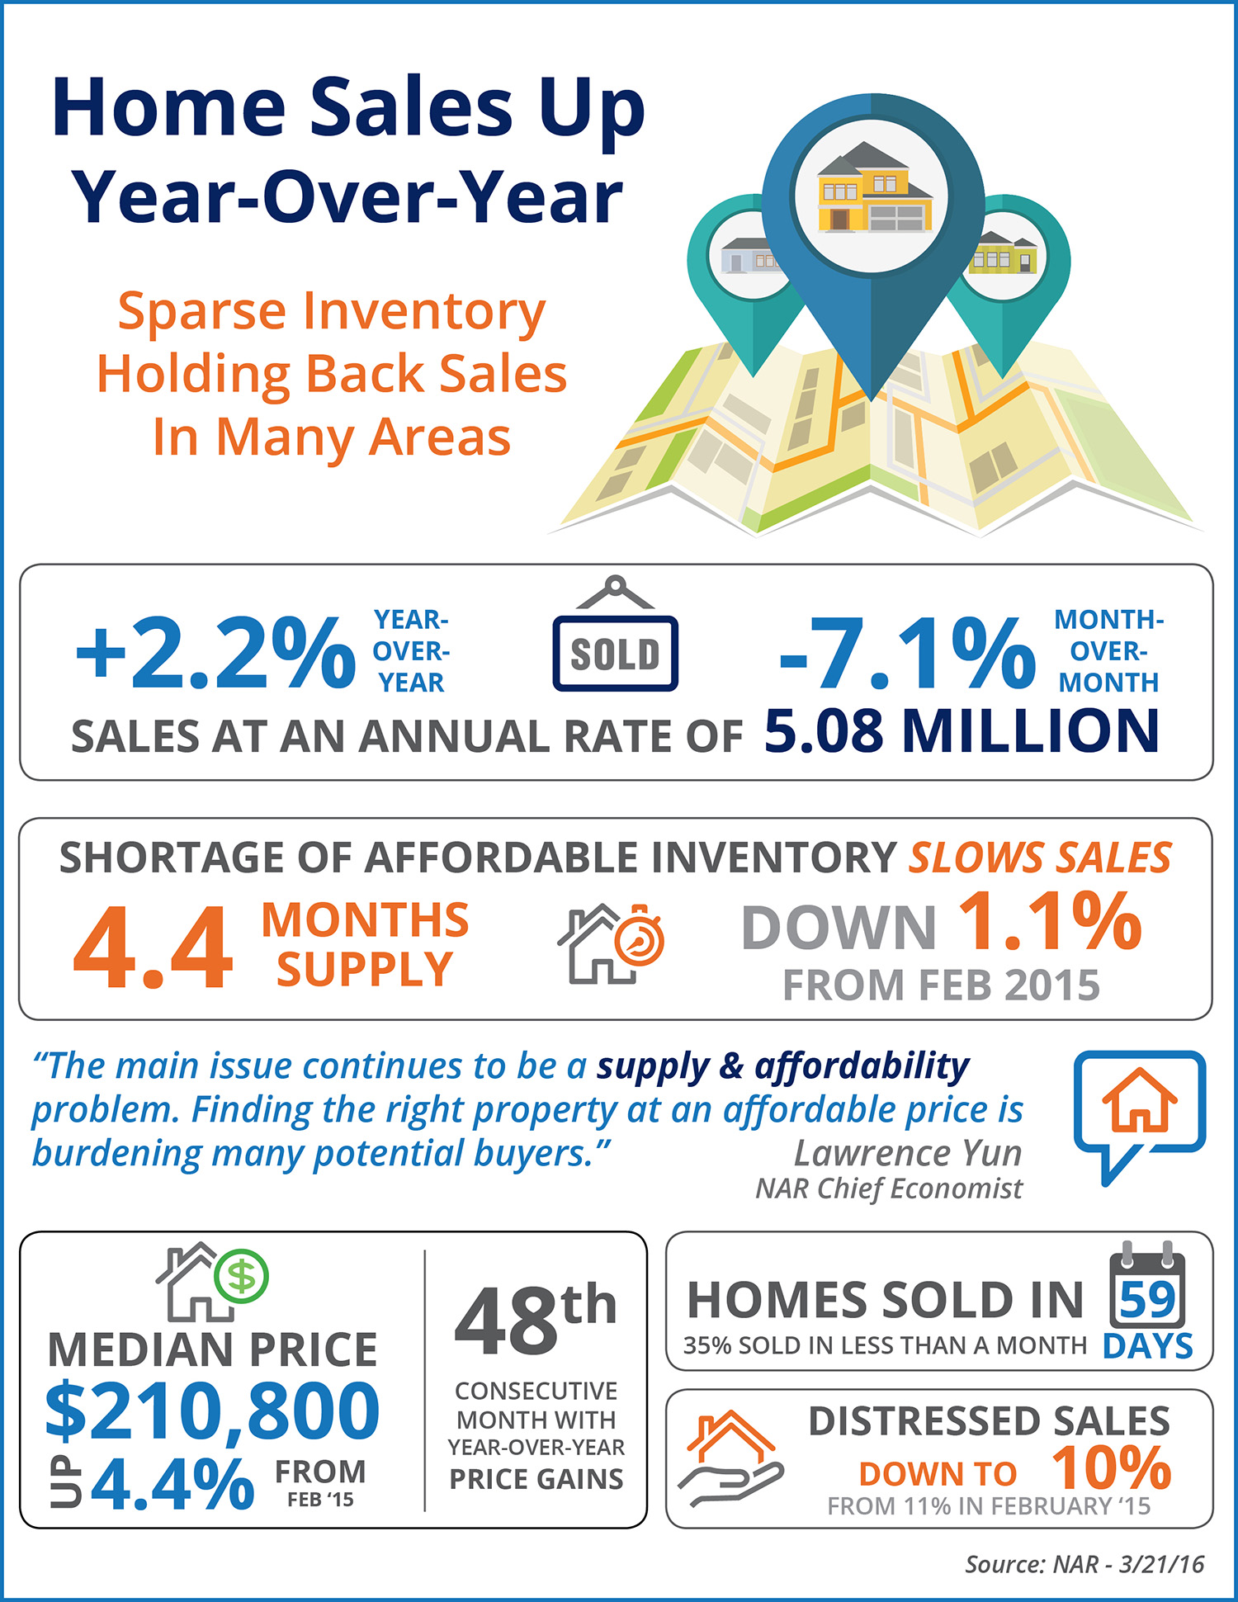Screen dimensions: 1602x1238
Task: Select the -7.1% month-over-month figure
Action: [x=906, y=654]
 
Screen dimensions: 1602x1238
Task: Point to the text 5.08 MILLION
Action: [x=962, y=732]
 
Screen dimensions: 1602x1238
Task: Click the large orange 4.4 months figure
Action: [x=154, y=946]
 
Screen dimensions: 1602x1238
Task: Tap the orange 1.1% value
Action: [x=1050, y=922]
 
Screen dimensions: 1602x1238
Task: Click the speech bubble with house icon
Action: [x=1139, y=1110]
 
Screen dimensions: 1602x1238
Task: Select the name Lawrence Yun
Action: [x=908, y=1153]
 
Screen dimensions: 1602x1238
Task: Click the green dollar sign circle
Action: [x=241, y=1275]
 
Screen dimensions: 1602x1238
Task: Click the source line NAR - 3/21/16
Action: [x=1084, y=1564]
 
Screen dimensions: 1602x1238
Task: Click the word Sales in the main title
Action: [x=410, y=108]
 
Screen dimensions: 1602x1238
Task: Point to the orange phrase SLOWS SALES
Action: [x=1040, y=858]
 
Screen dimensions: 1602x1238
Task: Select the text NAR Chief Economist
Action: [x=889, y=1189]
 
